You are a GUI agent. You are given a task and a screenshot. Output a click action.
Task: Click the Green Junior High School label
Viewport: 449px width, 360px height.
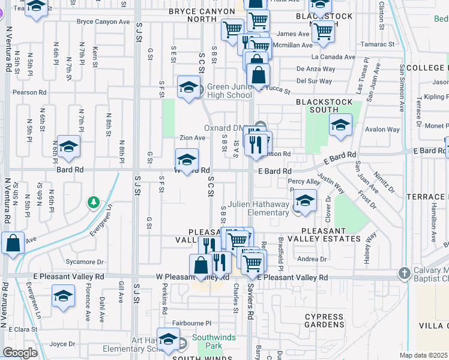coord(229,91)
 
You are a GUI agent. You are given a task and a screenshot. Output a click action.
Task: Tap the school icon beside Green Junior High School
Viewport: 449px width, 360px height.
coord(188,87)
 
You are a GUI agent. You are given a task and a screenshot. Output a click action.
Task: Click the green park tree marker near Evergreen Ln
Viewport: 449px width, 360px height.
coord(93,202)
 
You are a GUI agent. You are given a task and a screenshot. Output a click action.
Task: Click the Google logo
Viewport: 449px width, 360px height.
coord(20,353)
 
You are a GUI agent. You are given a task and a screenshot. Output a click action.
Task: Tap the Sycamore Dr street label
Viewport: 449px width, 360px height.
coord(85,262)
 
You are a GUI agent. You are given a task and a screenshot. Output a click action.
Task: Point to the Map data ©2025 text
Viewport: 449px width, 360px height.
coord(423,355)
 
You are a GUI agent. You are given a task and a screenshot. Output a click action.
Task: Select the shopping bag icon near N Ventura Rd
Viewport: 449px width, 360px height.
coord(13,243)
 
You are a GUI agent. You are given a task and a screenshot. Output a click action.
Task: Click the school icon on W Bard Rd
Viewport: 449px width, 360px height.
coord(187,160)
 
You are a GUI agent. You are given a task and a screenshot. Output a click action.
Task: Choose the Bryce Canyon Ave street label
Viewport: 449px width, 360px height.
coord(103,22)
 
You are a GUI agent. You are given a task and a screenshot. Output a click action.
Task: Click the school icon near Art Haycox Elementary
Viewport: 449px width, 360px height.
coord(169,339)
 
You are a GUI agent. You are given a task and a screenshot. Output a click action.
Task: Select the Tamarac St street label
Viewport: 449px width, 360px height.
coord(378,44)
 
